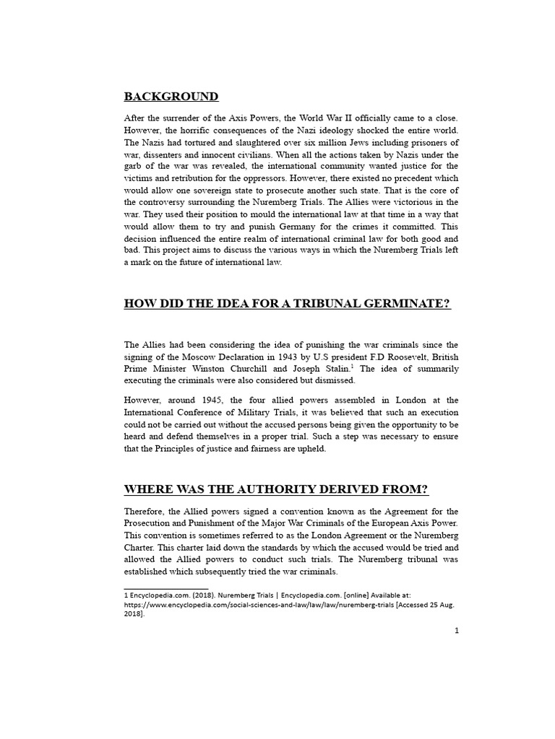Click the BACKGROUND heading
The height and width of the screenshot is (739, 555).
pyautogui.click(x=171, y=97)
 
